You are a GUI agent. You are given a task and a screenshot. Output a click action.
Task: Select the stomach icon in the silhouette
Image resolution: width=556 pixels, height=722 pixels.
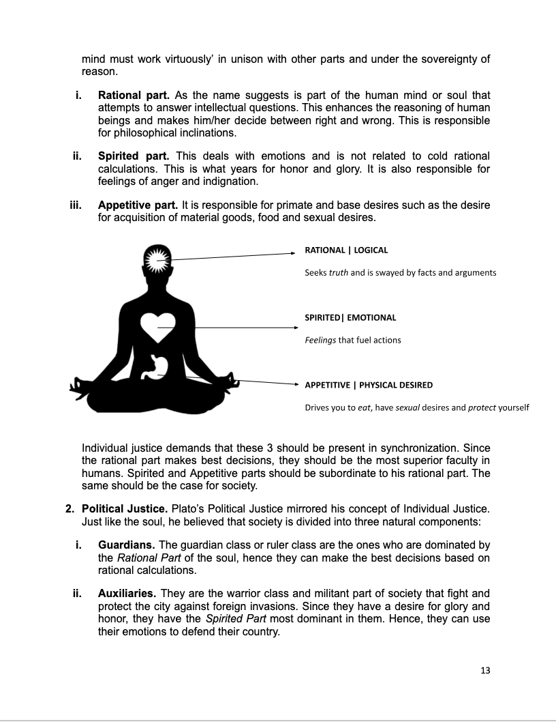[x=158, y=366]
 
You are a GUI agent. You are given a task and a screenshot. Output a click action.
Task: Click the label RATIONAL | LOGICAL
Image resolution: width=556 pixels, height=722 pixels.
[x=346, y=250]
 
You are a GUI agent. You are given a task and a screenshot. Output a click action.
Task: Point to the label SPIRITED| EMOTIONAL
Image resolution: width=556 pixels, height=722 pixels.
[x=350, y=317]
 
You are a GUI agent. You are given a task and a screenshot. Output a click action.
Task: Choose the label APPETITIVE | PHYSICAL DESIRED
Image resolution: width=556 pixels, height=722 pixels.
[x=369, y=385]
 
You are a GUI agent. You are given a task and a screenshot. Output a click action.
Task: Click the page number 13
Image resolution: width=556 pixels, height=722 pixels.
[x=485, y=670]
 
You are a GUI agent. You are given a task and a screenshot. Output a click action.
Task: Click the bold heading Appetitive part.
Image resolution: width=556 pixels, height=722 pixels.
[x=140, y=205]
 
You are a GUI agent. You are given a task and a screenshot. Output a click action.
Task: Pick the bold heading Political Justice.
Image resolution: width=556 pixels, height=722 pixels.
[x=127, y=509]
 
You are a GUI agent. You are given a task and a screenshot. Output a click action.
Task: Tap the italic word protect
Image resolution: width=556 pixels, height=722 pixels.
[x=482, y=408]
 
